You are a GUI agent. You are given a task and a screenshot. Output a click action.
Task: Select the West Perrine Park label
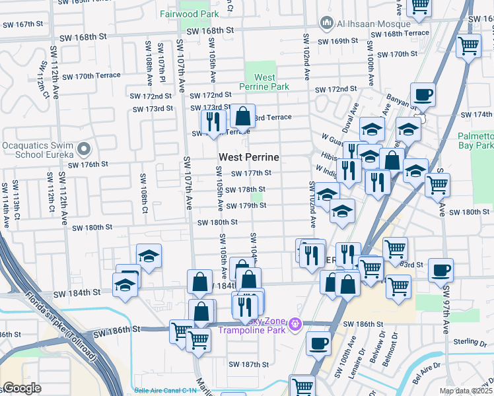264,82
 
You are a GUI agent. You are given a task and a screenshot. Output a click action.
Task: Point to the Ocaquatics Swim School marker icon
83,148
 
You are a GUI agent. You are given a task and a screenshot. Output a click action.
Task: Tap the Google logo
21,388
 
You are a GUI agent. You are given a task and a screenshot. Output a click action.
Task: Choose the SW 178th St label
245,189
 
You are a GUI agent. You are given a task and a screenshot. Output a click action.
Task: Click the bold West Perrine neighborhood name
248,158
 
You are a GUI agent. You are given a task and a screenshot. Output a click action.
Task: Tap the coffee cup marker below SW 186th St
319,343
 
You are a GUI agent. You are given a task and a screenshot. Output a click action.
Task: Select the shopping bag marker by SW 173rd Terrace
243,117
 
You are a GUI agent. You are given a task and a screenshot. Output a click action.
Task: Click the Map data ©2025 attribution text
466,391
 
